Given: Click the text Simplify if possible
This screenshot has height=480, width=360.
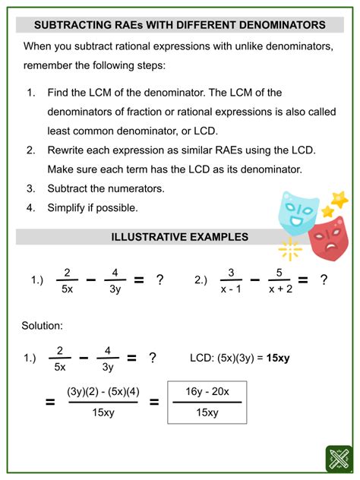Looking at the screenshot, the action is [93, 207].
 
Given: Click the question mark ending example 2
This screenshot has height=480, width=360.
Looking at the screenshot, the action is [324, 280].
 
